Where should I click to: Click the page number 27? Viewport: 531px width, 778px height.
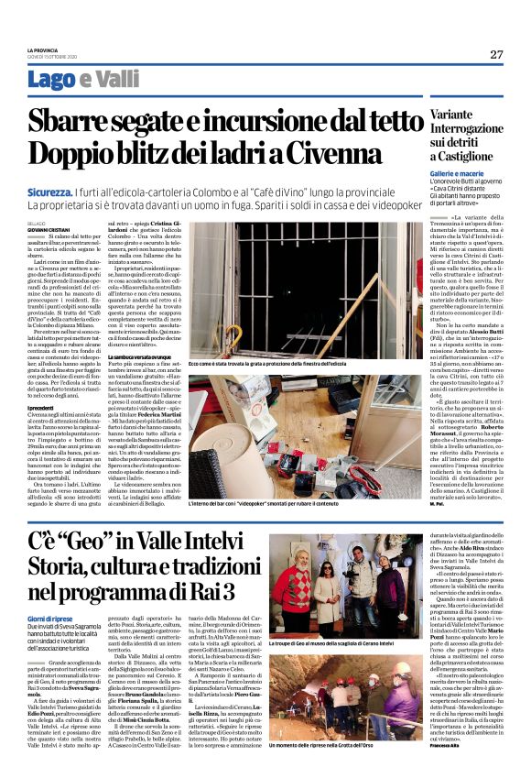point(495,55)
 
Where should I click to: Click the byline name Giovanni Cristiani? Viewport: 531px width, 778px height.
point(46,228)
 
